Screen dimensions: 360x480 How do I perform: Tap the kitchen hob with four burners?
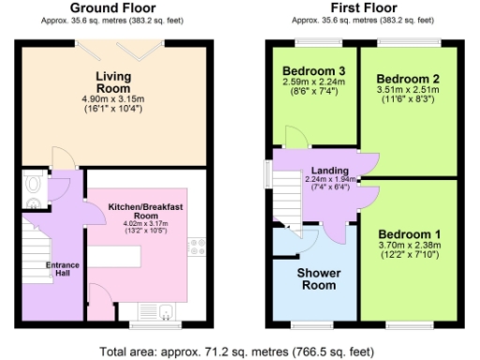(x=198, y=247)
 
